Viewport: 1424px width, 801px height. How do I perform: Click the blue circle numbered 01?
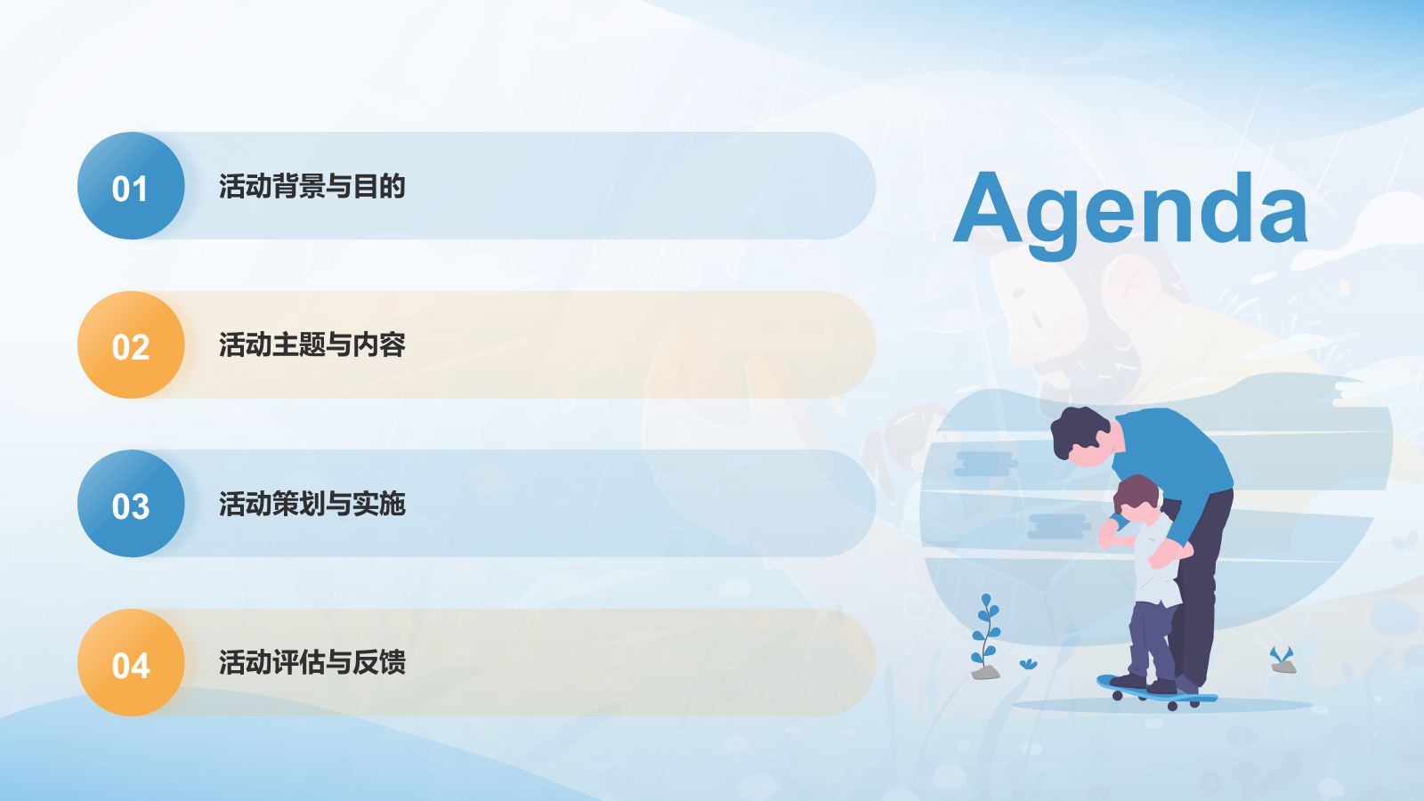pos(131,186)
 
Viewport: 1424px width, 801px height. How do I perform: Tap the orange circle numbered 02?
pos(131,344)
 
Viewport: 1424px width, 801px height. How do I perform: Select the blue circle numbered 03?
pos(131,504)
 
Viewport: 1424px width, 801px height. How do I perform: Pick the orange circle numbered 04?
pos(131,662)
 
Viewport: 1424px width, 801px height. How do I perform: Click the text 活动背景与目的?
pos(312,186)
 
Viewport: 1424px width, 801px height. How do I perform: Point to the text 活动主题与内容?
pos(312,344)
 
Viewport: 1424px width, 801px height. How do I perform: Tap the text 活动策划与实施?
pos(312,504)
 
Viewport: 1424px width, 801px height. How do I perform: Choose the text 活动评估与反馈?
pos(312,662)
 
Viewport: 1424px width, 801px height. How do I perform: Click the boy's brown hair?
pos(1136,494)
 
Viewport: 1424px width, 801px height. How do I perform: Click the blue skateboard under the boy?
pos(1157,693)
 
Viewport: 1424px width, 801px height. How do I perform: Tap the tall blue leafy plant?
pos(985,629)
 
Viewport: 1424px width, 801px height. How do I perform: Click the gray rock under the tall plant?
pos(985,673)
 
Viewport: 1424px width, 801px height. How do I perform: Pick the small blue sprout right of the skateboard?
pos(1282,655)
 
